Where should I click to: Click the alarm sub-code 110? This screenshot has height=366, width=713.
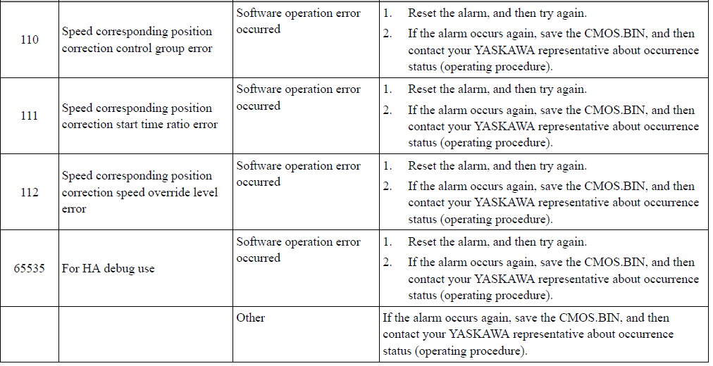[30, 39]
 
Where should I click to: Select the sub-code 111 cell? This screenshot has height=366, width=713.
[30, 116]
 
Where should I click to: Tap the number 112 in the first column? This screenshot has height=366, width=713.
[30, 192]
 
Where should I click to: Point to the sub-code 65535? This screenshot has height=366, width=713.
[30, 268]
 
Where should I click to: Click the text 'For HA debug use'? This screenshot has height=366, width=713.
[108, 268]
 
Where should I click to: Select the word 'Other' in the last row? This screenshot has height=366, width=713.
[251, 317]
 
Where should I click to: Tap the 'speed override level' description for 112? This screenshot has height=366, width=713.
[139, 192]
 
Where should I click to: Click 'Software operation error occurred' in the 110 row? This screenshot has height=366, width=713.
[298, 21]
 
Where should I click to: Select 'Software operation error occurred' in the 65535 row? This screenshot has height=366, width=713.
[298, 250]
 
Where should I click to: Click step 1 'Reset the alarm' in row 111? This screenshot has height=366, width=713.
[497, 89]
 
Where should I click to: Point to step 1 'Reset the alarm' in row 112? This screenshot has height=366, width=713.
[497, 165]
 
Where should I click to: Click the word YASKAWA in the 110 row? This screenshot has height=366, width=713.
[504, 50]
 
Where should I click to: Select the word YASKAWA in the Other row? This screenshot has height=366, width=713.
[479, 334]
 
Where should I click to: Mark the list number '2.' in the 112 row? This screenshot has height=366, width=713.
[387, 186]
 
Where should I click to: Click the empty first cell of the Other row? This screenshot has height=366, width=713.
[30, 334]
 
